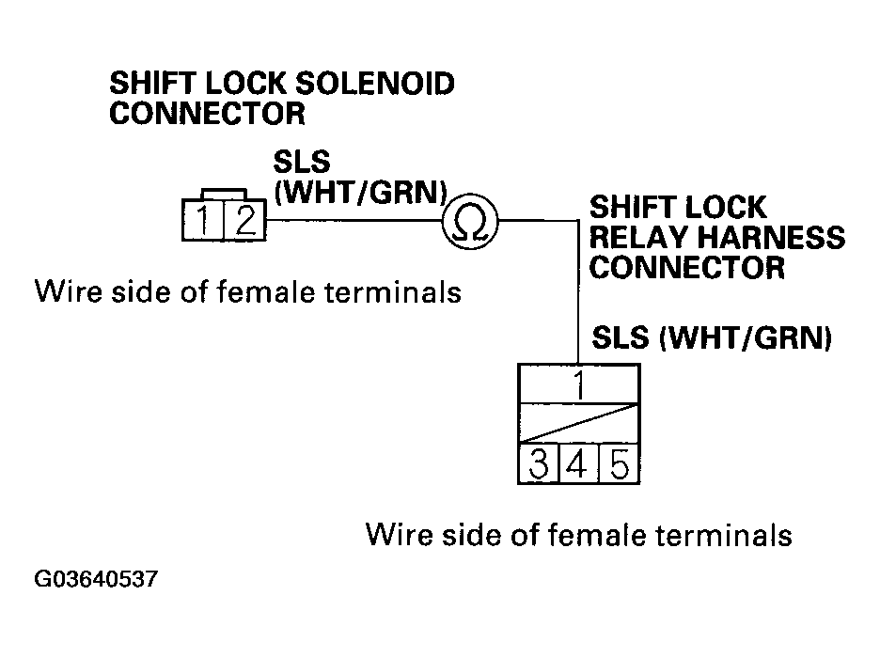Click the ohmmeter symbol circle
(470, 222)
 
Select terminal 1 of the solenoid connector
(204, 223)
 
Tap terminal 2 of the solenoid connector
(244, 223)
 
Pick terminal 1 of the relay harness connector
(579, 384)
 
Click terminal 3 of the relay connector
(539, 464)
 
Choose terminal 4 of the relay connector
(579, 464)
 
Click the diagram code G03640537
(96, 579)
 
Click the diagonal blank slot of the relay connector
(579, 424)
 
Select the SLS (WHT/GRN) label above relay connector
(712, 337)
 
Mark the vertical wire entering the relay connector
(577, 301)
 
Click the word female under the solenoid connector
(266, 292)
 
